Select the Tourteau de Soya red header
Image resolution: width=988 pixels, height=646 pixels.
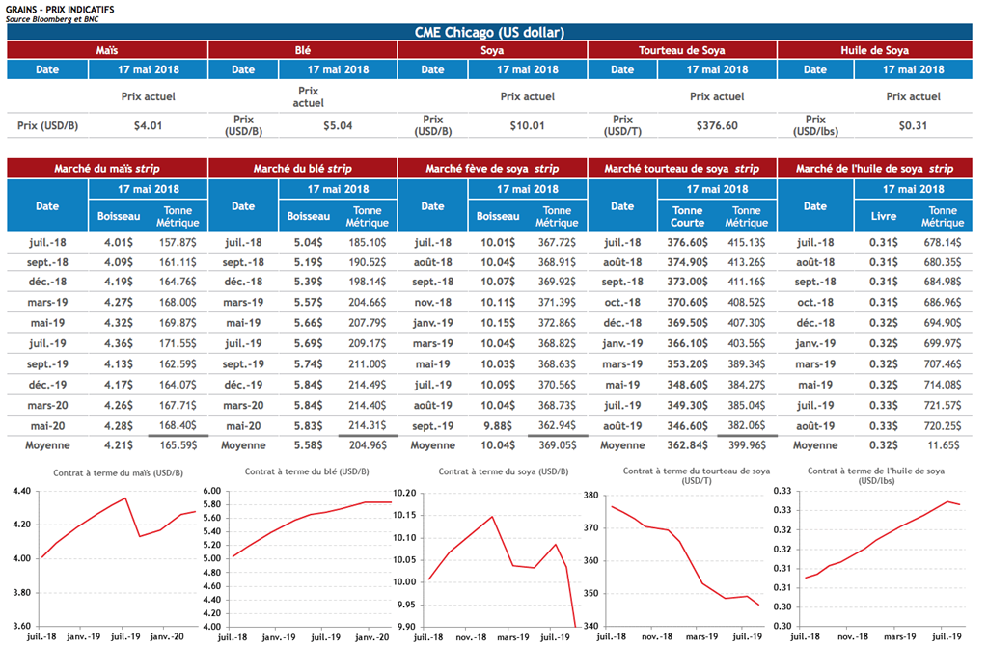tap(681, 51)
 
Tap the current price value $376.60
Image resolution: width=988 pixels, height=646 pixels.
tap(717, 125)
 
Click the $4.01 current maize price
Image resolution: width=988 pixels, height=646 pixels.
tap(148, 125)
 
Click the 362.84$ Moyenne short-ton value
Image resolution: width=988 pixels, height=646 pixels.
tap(687, 445)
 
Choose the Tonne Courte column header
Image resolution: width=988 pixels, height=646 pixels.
tap(687, 216)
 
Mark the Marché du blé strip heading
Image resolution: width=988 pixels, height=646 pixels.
tap(302, 169)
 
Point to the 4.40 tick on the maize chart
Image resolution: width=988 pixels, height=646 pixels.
tap(20, 492)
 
